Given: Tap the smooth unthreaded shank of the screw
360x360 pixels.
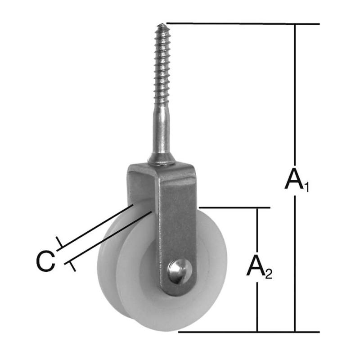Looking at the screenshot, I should click(x=161, y=135).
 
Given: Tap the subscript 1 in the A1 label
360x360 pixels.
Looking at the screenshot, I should click(x=306, y=186).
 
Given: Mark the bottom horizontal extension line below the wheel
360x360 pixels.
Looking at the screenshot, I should click(x=247, y=332).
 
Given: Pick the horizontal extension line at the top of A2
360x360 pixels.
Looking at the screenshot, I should click(x=234, y=208).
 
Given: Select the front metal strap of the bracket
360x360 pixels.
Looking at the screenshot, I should click(x=178, y=225).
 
